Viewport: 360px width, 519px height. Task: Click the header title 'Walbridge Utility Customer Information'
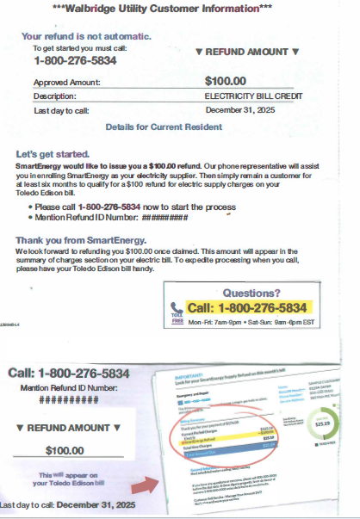click(x=180, y=9)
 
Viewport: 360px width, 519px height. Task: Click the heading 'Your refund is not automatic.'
click(x=85, y=37)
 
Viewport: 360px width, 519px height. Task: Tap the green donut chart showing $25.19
click(x=322, y=423)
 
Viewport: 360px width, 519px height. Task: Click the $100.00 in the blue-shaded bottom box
click(x=71, y=449)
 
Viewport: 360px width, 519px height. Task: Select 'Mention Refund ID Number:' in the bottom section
click(x=71, y=388)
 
